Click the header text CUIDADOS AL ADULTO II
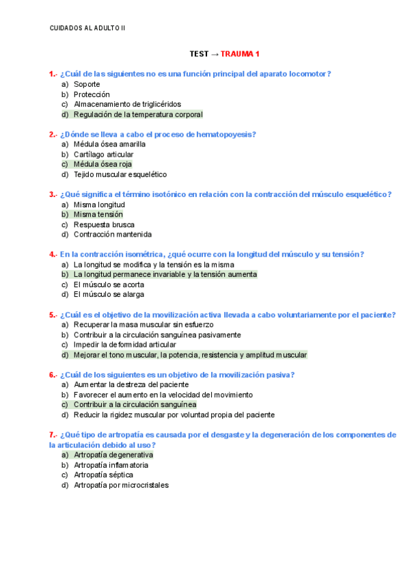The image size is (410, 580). point(87,28)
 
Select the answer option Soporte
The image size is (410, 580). point(87,84)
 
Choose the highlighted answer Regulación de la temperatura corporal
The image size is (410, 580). point(138,114)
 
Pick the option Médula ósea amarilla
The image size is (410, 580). point(109,144)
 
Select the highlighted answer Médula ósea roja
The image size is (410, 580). point(102,164)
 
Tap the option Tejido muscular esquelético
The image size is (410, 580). point(120,174)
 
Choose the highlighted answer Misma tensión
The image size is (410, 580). point(98,214)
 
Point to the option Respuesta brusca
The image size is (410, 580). point(104,224)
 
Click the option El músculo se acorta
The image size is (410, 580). point(109,284)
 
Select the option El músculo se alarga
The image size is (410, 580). point(109,294)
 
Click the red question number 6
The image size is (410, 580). point(52,375)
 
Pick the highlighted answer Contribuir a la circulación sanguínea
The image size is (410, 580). point(135,404)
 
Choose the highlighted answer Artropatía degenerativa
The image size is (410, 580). point(113,454)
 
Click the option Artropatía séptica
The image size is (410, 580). point(103,475)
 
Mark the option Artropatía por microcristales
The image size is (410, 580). point(121,485)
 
